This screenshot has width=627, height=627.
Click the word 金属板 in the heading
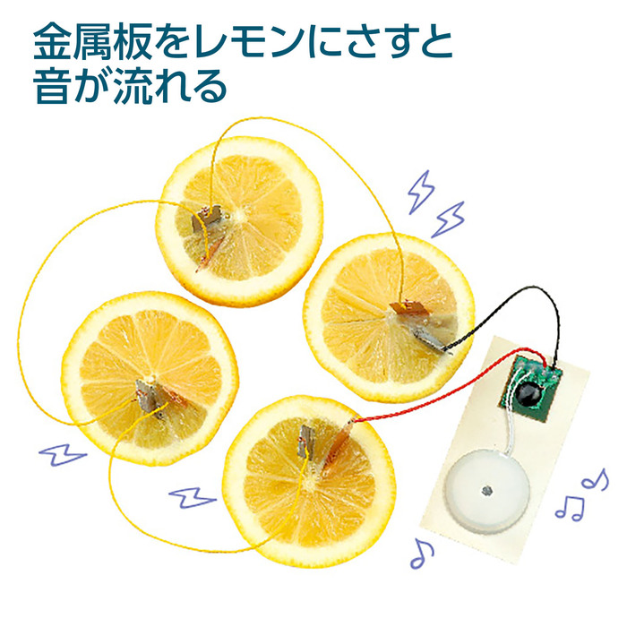point(92,41)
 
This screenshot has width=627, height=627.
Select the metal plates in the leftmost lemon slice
point(146,392)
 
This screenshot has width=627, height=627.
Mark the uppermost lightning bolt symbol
point(417,191)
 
